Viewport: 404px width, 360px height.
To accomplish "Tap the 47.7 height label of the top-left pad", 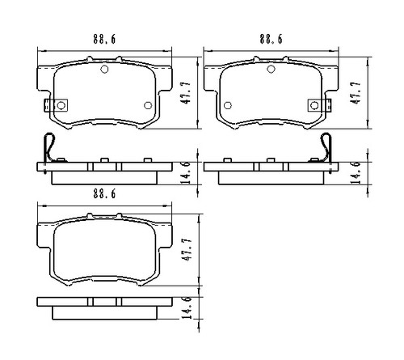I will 187,93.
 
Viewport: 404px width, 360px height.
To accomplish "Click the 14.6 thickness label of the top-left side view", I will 187,172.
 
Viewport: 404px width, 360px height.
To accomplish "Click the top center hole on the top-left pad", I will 103,69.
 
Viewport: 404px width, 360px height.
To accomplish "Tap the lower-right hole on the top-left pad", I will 147,105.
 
